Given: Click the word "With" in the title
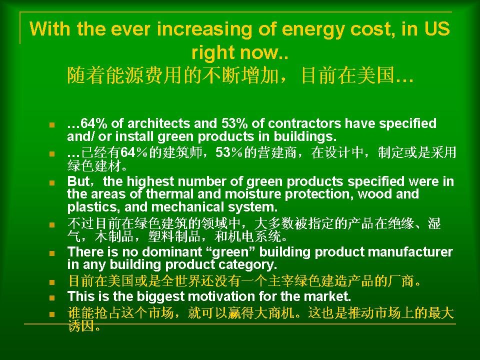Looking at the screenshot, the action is point(50,29).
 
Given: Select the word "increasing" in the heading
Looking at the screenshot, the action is point(204,29).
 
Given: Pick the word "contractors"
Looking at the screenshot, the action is point(304,123).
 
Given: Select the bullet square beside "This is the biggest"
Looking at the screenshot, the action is point(51,297).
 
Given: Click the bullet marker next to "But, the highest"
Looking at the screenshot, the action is point(51,183).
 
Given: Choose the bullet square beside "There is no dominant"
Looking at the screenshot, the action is point(51,253).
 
